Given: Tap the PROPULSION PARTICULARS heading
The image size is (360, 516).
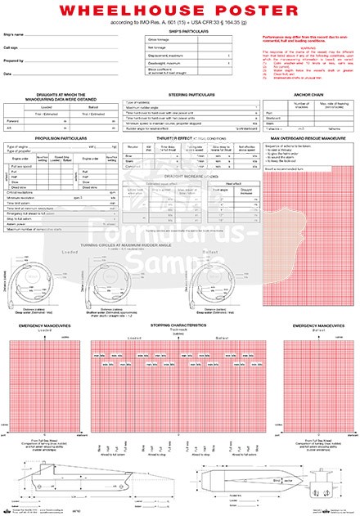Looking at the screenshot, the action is tap(60, 138).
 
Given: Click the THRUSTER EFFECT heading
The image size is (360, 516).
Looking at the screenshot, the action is tap(179, 138).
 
